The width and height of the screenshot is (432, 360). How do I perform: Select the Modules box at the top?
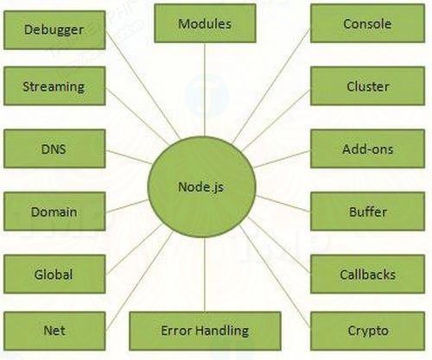click(x=205, y=23)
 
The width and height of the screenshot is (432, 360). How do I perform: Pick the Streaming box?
click(x=54, y=86)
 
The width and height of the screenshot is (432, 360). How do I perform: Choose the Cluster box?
click(x=366, y=86)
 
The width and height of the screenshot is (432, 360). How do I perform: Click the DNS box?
click(x=54, y=148)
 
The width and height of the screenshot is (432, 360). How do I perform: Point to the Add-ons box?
click(x=366, y=148)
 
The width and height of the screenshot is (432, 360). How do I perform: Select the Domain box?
click(x=54, y=211)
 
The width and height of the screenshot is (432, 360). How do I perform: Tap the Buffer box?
click(x=366, y=211)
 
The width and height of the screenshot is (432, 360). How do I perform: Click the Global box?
click(x=54, y=274)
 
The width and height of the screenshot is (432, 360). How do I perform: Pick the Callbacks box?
click(x=366, y=274)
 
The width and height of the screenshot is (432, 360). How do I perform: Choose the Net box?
click(x=54, y=330)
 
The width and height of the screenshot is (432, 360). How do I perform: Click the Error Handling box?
click(x=205, y=330)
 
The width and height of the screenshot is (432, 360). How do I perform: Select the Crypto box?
click(x=366, y=330)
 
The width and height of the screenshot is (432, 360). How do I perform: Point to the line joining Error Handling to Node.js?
click(x=204, y=272)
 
